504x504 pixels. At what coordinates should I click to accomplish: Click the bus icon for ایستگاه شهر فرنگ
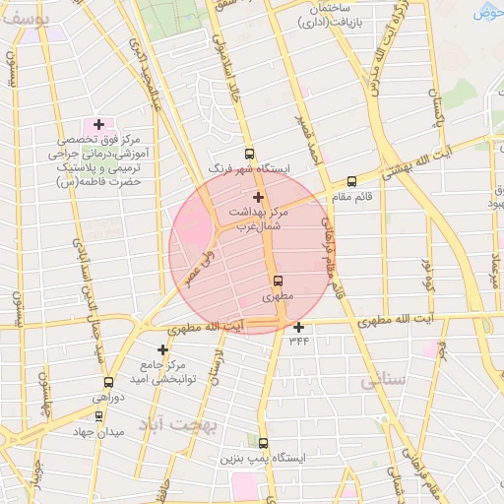[x=249, y=154]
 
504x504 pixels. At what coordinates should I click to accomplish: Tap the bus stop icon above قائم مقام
[x=351, y=181]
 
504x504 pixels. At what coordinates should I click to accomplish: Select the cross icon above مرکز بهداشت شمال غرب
[x=259, y=197]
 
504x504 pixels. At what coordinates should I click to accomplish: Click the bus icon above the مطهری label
[x=278, y=280]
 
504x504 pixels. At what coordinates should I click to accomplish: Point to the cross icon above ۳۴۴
[x=298, y=327]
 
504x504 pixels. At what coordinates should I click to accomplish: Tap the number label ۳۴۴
[x=299, y=341]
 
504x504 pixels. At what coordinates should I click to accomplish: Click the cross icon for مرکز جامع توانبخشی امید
[x=162, y=348]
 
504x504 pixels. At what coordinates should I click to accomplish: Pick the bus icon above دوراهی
[x=108, y=382]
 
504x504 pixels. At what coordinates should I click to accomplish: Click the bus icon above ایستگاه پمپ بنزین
[x=263, y=444]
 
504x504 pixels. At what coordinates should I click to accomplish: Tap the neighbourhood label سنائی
[x=382, y=381]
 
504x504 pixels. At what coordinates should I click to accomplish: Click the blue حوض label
[x=488, y=13]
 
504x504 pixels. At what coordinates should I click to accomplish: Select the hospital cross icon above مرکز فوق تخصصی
[x=98, y=125]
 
